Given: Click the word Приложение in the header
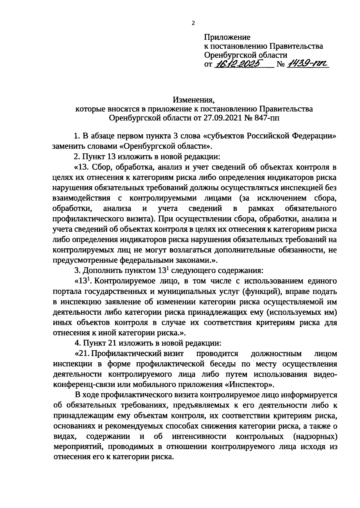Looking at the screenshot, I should (x=227, y=37).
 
